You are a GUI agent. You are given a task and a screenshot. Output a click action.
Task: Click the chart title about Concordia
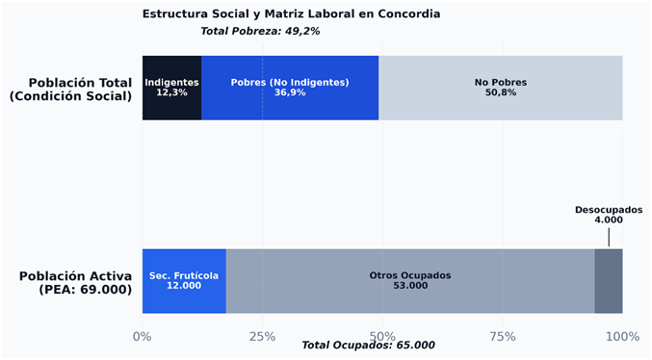pyautogui.click(x=291, y=14)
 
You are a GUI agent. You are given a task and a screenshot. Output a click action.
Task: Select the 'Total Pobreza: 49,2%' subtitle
pyautogui.click(x=260, y=31)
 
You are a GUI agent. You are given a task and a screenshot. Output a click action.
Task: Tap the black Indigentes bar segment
pyautogui.click(x=171, y=88)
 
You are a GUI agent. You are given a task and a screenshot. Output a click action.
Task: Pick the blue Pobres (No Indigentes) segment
pyautogui.click(x=290, y=88)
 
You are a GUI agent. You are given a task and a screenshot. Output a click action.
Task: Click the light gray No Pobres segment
pyautogui.click(x=501, y=88)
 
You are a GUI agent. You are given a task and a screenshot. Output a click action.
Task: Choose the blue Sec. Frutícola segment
pyautogui.click(x=184, y=281)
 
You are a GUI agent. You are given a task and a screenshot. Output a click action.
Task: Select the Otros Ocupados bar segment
pyautogui.click(x=410, y=281)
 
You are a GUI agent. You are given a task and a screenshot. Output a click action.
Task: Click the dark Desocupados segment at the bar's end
pyautogui.click(x=609, y=281)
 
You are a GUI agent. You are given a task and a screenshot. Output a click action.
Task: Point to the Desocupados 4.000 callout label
pyautogui.click(x=609, y=215)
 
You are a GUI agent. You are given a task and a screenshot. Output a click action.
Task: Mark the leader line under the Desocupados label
pyautogui.click(x=609, y=237)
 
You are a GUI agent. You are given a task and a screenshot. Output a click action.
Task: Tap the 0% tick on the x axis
pyautogui.click(x=143, y=336)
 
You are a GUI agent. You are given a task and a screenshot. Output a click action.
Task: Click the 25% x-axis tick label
pyautogui.click(x=262, y=336)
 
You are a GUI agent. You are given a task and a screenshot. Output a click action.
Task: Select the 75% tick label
pyautogui.click(x=503, y=336)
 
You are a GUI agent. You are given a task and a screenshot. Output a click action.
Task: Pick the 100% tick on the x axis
pyautogui.click(x=622, y=336)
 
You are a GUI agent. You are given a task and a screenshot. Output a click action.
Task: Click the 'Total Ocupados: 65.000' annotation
pyautogui.click(x=368, y=345)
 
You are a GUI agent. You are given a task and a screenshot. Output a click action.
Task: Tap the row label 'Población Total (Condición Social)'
pyautogui.click(x=70, y=89)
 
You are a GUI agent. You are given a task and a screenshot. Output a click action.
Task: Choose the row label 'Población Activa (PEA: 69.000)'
pyautogui.click(x=76, y=282)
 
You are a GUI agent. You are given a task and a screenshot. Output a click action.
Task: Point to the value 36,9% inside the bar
pyautogui.click(x=290, y=92)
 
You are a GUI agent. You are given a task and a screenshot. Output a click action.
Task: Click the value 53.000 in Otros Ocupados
pyautogui.click(x=410, y=286)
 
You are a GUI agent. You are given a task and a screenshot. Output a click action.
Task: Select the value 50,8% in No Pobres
pyautogui.click(x=501, y=92)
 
